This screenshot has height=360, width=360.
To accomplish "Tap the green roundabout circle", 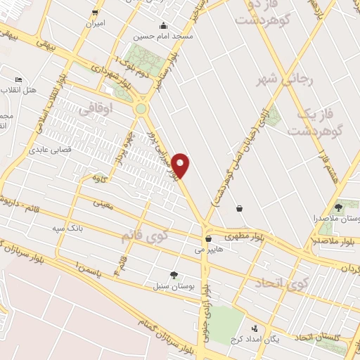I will (141, 109).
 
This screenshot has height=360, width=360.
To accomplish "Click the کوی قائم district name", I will (146, 236).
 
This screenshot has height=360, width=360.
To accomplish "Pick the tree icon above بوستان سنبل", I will (174, 274).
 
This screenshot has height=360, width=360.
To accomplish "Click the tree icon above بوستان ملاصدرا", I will (339, 207).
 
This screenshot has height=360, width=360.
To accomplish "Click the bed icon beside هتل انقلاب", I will (19, 80).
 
